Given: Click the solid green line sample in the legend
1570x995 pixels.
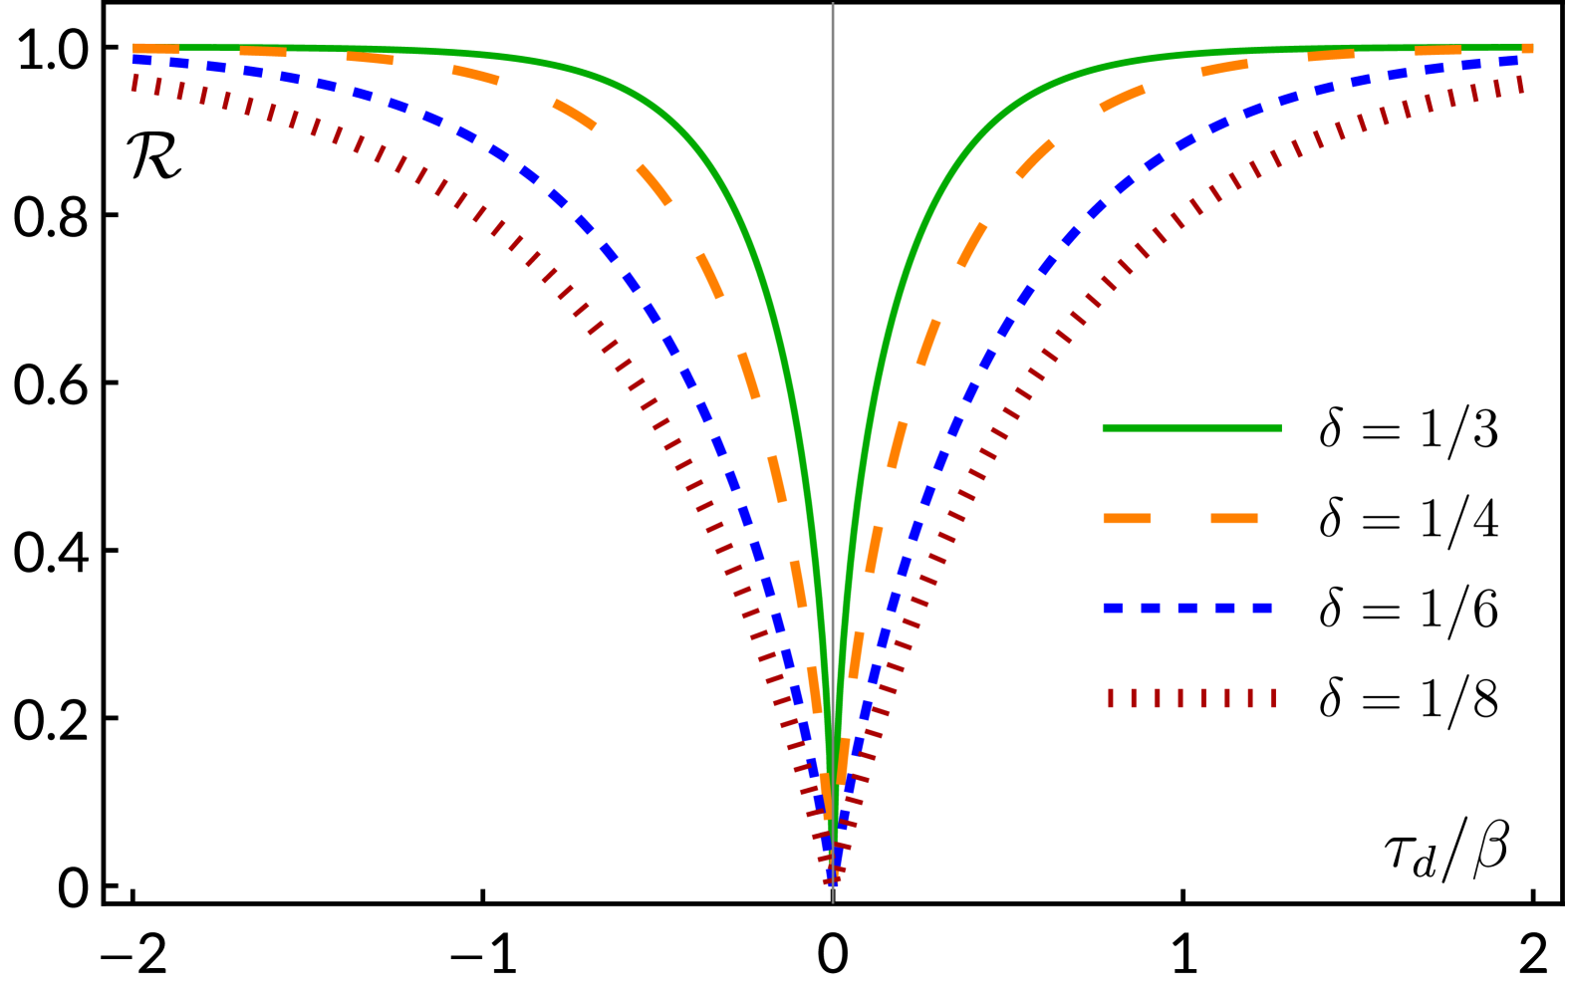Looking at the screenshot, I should pyautogui.click(x=1191, y=428).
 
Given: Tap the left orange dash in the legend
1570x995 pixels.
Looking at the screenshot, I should pyautogui.click(x=1127, y=518).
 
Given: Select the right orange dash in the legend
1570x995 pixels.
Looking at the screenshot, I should pyautogui.click(x=1234, y=518).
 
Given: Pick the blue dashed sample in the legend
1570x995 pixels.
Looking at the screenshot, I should pyautogui.click(x=1187, y=608).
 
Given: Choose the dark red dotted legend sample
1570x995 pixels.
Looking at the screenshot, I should pyautogui.click(x=1191, y=698).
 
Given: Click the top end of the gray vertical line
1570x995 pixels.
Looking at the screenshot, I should pyautogui.click(x=833, y=6).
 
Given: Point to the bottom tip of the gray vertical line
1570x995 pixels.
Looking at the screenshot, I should pyautogui.click(x=833, y=900).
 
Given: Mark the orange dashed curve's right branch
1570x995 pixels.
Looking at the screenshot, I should pyautogui.click(x=971, y=245).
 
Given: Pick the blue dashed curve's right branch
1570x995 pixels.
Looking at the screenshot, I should pyautogui.click(x=1026, y=295).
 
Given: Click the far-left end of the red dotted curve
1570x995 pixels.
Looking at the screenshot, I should pyautogui.click(x=134, y=83).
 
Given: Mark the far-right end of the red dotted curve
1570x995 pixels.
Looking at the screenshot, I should pyautogui.click(x=1520, y=85).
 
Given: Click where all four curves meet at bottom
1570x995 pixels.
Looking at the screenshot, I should pyautogui.click(x=834, y=876).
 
